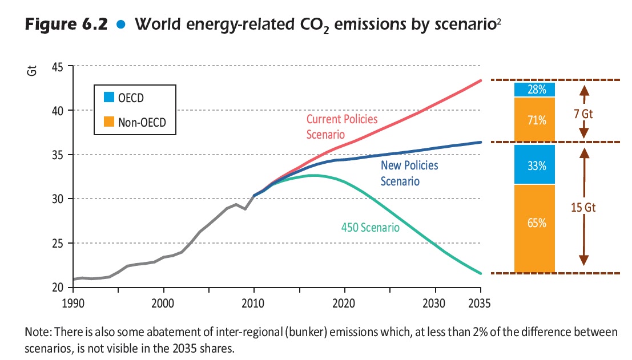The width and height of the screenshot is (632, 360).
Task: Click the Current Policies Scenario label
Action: pyautogui.click(x=342, y=127)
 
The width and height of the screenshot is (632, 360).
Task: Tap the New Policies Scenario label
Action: pyautogui.click(x=409, y=173)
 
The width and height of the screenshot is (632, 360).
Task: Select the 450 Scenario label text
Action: pyautogui.click(x=370, y=228)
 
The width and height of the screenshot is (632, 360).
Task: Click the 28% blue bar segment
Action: pyautogui.click(x=534, y=90)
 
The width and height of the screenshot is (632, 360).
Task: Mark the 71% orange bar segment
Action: pyautogui.click(x=534, y=120)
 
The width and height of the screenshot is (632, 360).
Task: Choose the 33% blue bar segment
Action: pyautogui.click(x=534, y=165)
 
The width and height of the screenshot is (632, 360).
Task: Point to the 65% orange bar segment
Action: pyautogui.click(x=534, y=223)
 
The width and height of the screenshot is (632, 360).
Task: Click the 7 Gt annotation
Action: pyautogui.click(x=583, y=114)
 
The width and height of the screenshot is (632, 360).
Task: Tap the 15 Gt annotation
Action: pyautogui.click(x=583, y=208)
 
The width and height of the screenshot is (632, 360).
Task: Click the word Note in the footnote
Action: pyautogui.click(x=36, y=332)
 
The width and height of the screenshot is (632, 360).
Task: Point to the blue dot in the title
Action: pyautogui.click(x=119, y=26)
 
